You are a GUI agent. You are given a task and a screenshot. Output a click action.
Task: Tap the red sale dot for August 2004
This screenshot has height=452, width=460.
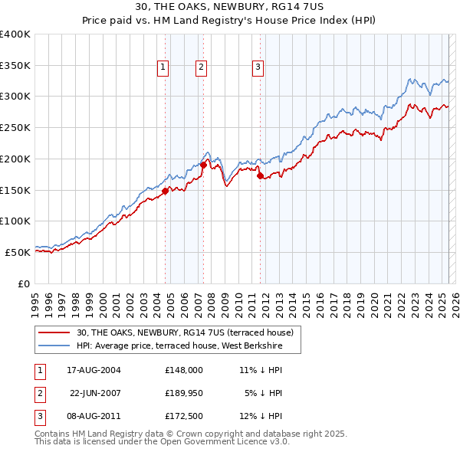point(166,192)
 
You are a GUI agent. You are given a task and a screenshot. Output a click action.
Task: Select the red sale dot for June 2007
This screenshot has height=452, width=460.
point(204,165)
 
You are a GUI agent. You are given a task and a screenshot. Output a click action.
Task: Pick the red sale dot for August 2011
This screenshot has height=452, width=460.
point(261,176)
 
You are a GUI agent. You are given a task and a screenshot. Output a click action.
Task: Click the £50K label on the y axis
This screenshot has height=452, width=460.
point(18,251)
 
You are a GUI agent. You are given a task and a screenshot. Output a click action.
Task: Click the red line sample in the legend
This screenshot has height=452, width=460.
point(54,332)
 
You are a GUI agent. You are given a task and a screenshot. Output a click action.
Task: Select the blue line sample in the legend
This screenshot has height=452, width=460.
point(54,346)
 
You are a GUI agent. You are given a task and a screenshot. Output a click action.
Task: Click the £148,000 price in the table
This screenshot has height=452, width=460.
point(183,369)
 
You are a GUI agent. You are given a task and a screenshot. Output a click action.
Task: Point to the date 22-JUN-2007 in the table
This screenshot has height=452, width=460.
point(96,393)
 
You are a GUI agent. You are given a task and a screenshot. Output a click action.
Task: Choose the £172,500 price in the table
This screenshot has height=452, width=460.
point(183,417)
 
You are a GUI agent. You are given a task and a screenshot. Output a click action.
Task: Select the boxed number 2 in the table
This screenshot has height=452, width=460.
point(38,394)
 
